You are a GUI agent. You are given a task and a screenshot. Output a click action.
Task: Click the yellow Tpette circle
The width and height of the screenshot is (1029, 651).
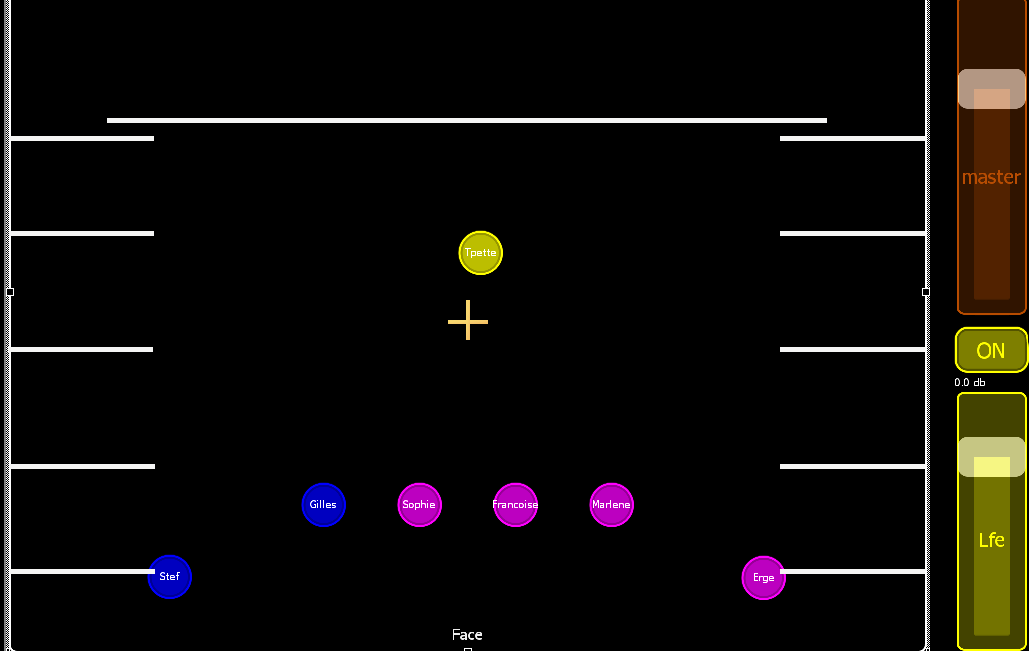(x=480, y=253)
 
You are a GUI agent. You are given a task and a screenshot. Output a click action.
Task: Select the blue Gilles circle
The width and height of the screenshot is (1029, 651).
(x=323, y=505)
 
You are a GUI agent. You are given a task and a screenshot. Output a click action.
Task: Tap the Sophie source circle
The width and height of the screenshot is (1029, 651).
(x=419, y=505)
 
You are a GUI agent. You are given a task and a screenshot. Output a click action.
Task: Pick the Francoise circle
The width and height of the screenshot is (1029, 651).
(x=515, y=505)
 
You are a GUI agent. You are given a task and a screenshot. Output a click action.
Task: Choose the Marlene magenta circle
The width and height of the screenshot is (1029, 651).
(x=611, y=505)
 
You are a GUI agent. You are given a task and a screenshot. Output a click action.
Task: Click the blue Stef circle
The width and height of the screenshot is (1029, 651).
(x=170, y=577)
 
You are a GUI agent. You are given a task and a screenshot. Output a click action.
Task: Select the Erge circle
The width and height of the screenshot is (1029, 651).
(x=763, y=578)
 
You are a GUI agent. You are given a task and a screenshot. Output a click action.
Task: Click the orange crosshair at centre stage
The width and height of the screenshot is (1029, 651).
(x=467, y=320)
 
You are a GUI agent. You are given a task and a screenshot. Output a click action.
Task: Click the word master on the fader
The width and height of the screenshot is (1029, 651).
(x=991, y=177)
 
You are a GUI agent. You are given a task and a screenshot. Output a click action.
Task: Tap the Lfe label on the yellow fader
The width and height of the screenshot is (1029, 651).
(x=991, y=540)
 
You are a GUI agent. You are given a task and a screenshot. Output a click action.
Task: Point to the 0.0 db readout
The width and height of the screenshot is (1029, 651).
(x=969, y=383)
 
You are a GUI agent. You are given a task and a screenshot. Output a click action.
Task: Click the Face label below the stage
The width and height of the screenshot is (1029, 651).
(x=467, y=635)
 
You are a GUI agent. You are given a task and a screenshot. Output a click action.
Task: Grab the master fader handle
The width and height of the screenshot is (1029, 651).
(x=991, y=89)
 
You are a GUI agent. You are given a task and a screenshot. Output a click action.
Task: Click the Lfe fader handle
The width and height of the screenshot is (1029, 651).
(x=991, y=457)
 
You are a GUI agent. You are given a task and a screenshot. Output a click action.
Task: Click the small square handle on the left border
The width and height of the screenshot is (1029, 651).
(x=10, y=292)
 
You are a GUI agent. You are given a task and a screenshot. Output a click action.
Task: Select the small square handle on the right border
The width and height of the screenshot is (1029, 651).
(x=925, y=292)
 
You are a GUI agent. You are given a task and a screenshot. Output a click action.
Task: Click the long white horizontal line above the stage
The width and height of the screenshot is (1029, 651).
(x=466, y=120)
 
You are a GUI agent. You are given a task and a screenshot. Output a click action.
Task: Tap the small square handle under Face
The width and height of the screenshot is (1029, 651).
(x=468, y=649)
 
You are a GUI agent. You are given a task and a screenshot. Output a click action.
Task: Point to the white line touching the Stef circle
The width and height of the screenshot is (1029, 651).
(x=80, y=571)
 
